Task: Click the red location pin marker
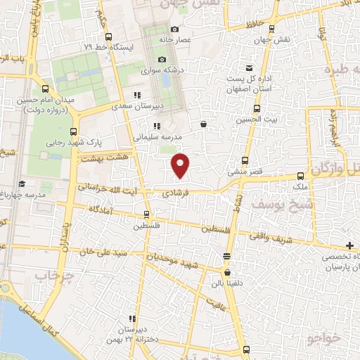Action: tap(181, 165)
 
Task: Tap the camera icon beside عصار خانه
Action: tap(175, 29)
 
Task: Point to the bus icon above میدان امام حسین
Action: tap(46, 89)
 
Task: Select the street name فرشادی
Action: tap(176, 191)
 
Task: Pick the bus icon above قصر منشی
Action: tap(245, 160)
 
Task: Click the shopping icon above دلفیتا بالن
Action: tap(226, 272)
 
